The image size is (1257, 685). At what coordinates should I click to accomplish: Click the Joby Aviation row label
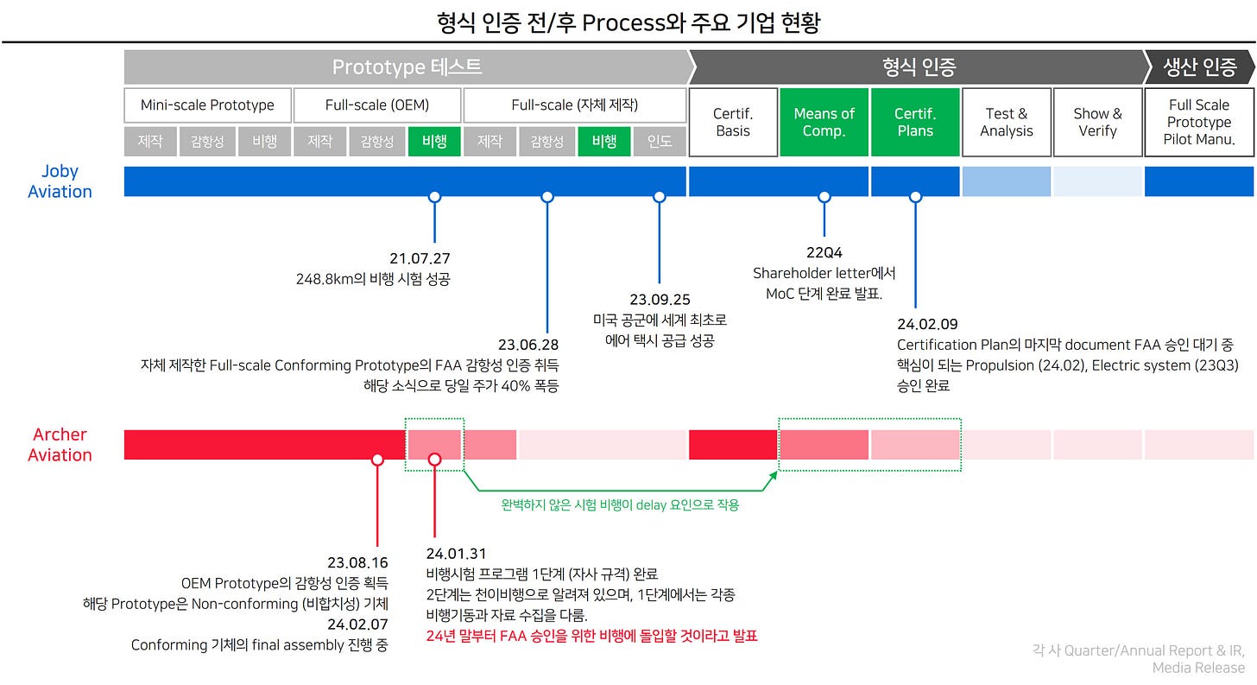(60, 181)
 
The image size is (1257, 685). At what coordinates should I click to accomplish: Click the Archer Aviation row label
(60, 445)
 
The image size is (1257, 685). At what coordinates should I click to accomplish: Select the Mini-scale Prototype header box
(207, 105)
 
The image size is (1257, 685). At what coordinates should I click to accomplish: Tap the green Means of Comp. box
(824, 122)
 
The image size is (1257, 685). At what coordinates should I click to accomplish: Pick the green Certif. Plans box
(915, 122)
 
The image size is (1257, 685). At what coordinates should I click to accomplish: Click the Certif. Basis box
(732, 122)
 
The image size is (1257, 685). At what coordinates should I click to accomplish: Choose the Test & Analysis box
(1007, 122)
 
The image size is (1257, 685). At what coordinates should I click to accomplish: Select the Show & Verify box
(1097, 122)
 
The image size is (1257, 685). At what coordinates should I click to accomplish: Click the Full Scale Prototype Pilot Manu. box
(1198, 122)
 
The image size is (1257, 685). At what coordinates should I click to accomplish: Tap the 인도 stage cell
(660, 142)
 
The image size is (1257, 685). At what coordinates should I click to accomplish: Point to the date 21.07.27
(420, 258)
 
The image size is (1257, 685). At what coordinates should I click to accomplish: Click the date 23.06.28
(528, 345)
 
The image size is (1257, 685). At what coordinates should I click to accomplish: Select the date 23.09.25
(660, 300)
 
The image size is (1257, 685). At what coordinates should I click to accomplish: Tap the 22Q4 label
(824, 252)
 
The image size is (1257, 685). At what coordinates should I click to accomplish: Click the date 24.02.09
(927, 324)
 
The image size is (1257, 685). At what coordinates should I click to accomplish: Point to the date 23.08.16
(357, 562)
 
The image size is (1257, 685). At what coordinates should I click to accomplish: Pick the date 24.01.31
(457, 554)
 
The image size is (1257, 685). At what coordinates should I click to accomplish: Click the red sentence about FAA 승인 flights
(591, 637)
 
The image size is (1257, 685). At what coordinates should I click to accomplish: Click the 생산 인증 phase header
(1199, 67)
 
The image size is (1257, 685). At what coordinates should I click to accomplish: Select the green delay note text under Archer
(620, 505)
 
